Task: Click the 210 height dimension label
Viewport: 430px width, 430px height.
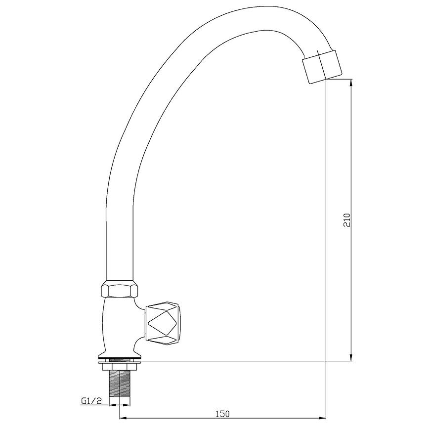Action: (x=347, y=220)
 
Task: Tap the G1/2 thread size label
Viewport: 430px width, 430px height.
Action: (x=91, y=401)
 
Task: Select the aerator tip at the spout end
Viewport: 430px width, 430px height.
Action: (x=322, y=66)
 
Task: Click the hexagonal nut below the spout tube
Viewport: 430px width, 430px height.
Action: (x=119, y=289)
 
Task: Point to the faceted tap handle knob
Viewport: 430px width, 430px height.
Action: (x=162, y=324)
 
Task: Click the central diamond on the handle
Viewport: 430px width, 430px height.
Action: (x=162, y=324)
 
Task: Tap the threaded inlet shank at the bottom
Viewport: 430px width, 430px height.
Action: (x=120, y=383)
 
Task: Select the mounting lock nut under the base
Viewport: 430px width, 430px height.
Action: (x=120, y=366)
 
